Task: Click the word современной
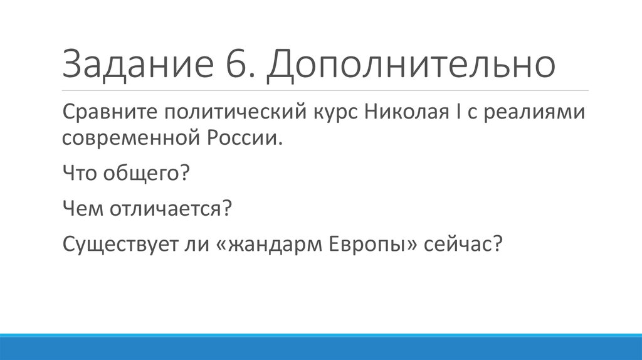[x=127, y=137]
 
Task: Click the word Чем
[x=82, y=207]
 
